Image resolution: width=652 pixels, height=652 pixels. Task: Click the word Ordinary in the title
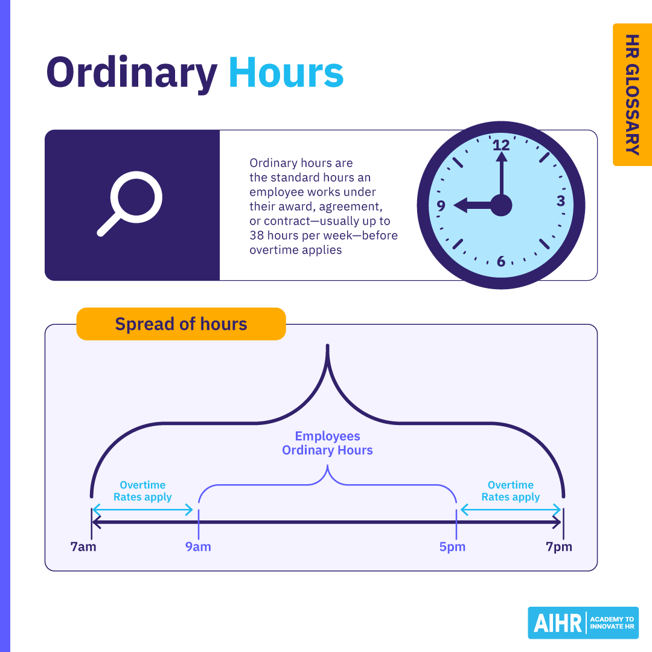pyautogui.click(x=132, y=74)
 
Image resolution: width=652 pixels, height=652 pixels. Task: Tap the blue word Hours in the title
pyautogui.click(x=286, y=72)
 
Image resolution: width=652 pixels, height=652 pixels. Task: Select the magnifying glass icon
pyautogui.click(x=130, y=203)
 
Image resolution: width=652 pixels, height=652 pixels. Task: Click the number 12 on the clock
pyautogui.click(x=500, y=145)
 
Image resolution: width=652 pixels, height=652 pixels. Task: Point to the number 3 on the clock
pyautogui.click(x=560, y=201)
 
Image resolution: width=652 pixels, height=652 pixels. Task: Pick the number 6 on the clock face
pyautogui.click(x=501, y=261)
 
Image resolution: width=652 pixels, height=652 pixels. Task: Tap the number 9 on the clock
pyautogui.click(x=441, y=206)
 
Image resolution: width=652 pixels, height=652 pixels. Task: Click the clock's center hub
pyautogui.click(x=501, y=205)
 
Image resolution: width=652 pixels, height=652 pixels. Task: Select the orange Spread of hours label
pyautogui.click(x=181, y=324)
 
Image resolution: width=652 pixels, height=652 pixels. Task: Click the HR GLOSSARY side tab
pyautogui.click(x=632, y=94)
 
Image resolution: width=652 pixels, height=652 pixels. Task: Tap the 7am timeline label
pyautogui.click(x=83, y=548)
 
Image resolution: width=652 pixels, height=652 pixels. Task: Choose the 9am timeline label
pyautogui.click(x=198, y=548)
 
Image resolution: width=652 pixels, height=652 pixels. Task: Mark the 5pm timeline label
pyautogui.click(x=453, y=548)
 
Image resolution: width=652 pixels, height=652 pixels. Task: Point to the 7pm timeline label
pyautogui.click(x=559, y=548)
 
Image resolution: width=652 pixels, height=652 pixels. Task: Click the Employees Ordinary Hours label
pyautogui.click(x=327, y=443)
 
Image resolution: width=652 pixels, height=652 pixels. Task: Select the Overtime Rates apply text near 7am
pyautogui.click(x=142, y=491)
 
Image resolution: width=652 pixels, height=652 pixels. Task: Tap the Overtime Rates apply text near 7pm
pyautogui.click(x=511, y=491)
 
